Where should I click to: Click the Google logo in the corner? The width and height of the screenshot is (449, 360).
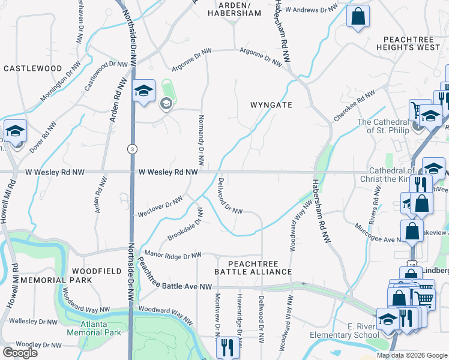(x=20, y=352)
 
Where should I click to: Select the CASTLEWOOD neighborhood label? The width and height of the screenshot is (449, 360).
(x=33, y=68)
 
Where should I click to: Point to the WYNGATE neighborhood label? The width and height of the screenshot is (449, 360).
(x=271, y=105)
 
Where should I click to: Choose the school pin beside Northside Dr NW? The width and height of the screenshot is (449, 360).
(x=143, y=91)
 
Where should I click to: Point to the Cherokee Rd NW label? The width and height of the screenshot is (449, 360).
(x=354, y=106)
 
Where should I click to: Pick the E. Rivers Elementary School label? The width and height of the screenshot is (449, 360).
(x=345, y=330)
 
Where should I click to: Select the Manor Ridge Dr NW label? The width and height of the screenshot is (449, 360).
(x=172, y=256)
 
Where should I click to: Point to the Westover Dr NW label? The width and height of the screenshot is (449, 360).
(x=160, y=206)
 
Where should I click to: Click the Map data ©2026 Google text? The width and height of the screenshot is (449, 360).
(x=411, y=355)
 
